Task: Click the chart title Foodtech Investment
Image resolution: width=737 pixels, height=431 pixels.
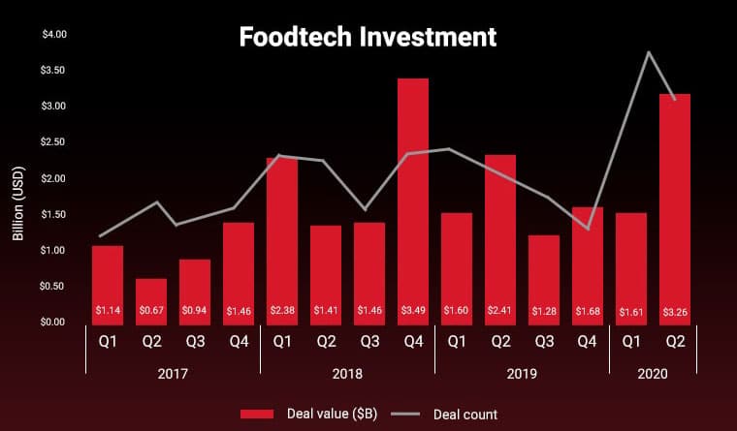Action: [x=368, y=37]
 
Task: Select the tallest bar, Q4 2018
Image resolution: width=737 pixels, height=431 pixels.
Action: [x=413, y=194]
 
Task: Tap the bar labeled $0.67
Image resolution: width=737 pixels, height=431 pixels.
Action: [x=151, y=298]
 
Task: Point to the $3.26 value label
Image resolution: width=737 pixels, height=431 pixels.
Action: [x=675, y=311]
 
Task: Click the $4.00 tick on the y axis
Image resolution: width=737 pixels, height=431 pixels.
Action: [x=53, y=35]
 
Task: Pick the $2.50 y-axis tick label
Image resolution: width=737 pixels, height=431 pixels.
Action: [x=53, y=142]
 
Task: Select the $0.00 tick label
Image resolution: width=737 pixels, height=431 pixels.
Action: [x=53, y=322]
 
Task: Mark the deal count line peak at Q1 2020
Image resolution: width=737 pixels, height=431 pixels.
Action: [x=648, y=51]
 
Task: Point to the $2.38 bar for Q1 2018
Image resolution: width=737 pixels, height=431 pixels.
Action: [x=282, y=232]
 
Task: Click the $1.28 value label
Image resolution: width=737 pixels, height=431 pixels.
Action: [x=544, y=311]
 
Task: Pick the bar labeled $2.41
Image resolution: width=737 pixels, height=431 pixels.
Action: [x=500, y=232]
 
